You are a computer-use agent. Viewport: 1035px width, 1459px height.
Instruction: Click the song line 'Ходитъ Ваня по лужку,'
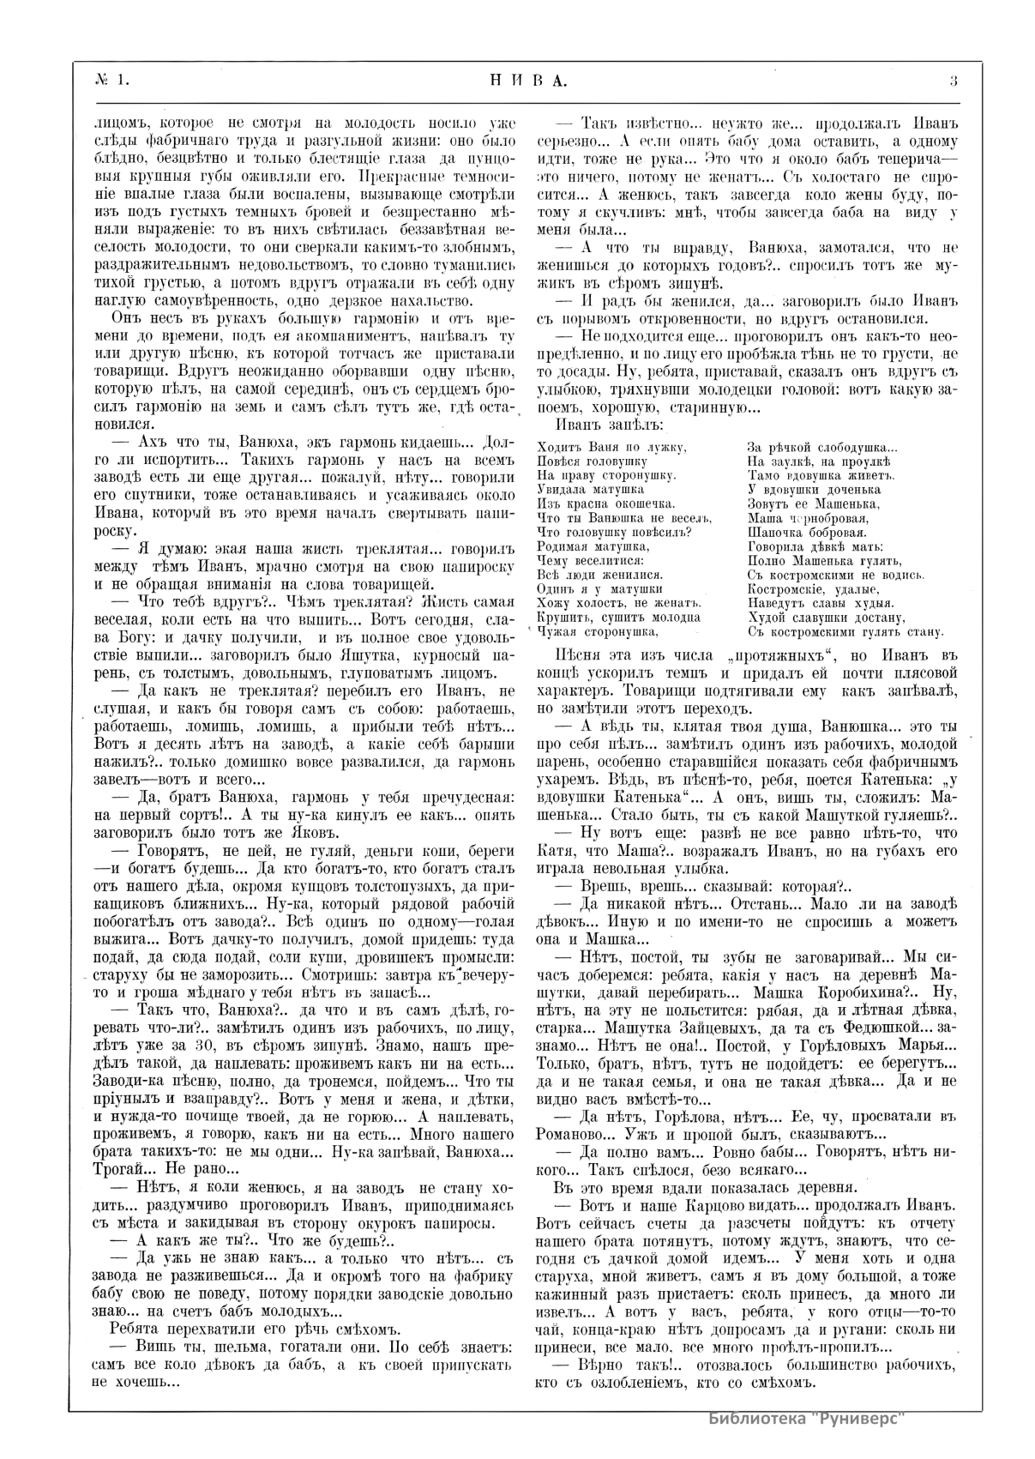[x=611, y=447]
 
